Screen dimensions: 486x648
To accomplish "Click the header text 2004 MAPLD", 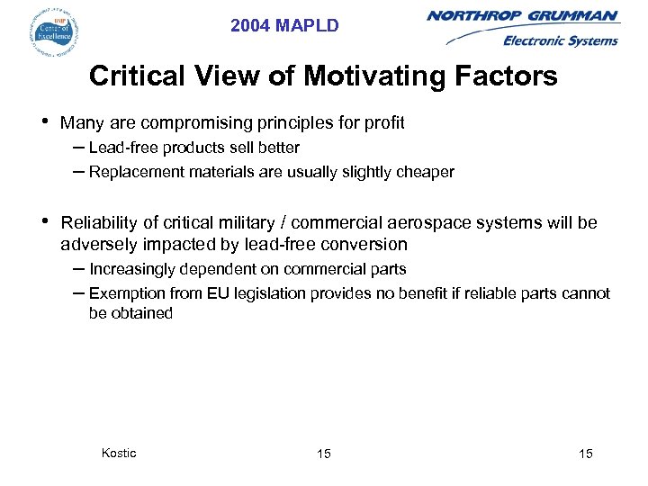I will [284, 26].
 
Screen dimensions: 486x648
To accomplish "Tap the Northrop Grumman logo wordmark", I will [523, 16].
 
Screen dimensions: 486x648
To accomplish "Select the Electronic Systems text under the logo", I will [560, 40].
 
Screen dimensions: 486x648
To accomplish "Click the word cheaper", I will [427, 172].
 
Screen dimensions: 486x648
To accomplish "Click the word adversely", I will [94, 245].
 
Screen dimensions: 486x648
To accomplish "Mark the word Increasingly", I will [134, 269].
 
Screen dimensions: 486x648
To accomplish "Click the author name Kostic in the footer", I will [119, 453].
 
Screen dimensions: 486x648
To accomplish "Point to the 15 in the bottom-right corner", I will [586, 454].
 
